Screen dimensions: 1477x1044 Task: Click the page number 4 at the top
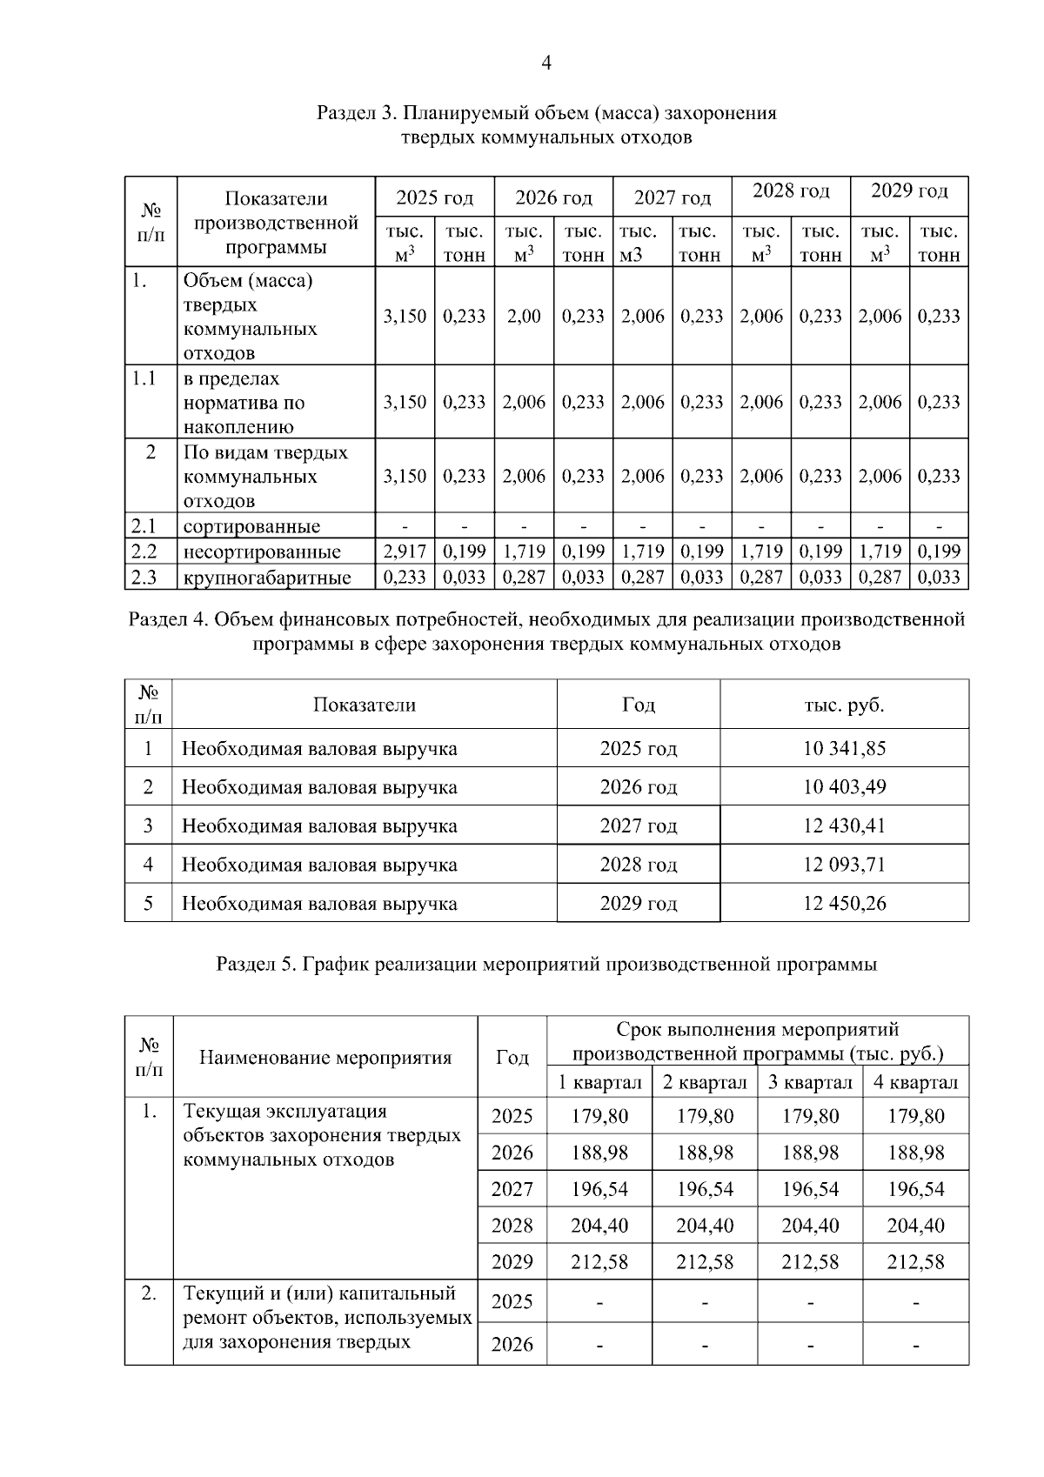coord(545,63)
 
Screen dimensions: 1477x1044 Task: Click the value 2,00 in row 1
coord(524,317)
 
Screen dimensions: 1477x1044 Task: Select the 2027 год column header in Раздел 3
coord(672,198)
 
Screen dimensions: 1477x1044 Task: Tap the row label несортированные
coord(261,551)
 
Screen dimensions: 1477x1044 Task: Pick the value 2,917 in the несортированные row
coord(405,551)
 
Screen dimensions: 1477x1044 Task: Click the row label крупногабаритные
coord(266,578)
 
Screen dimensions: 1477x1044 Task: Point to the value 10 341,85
coord(844,748)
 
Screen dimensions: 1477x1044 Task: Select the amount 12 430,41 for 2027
coord(844,825)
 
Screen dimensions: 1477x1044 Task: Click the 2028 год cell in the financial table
coord(638,865)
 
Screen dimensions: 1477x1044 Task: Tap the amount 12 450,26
coord(844,903)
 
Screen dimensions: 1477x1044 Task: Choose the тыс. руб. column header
coord(844,705)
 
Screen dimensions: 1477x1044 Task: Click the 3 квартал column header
coord(809,1083)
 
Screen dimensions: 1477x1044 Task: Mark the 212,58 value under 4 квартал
coord(915,1262)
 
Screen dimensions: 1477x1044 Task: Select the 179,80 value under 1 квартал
coord(599,1116)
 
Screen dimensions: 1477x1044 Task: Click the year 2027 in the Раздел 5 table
coord(512,1189)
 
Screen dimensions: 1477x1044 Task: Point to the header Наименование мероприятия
coord(325,1058)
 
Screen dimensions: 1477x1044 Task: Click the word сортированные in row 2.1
coord(251,526)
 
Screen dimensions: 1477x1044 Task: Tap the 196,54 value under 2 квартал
coord(705,1189)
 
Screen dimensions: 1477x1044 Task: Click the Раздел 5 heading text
coord(546,965)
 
